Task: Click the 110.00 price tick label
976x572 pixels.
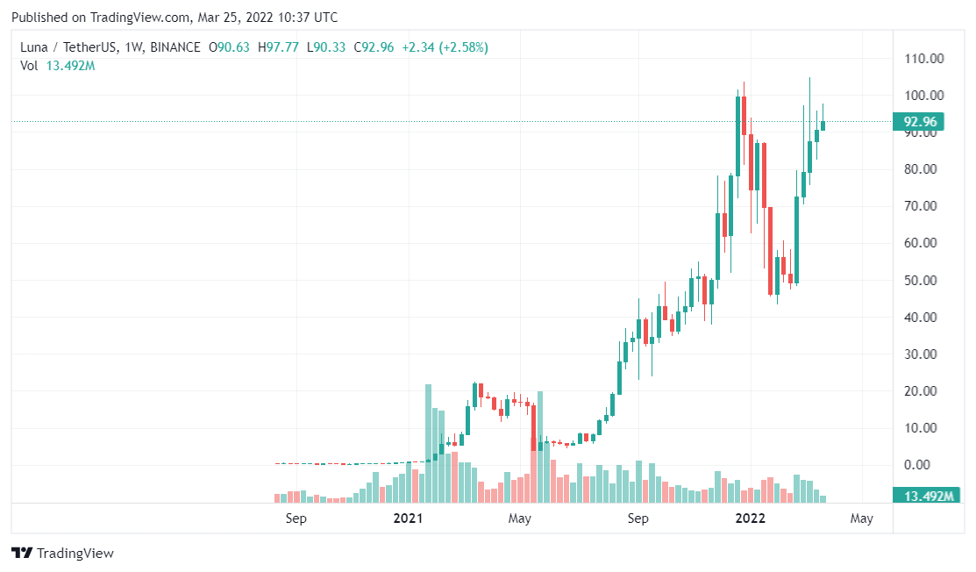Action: coord(924,59)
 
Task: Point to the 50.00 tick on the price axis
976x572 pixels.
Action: coord(924,281)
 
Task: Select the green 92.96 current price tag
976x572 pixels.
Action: coord(917,122)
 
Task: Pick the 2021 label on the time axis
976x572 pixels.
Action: coord(409,518)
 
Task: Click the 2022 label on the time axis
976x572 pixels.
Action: coord(751,518)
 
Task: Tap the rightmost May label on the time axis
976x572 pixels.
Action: coord(862,518)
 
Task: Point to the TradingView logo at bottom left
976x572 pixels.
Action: coord(63,554)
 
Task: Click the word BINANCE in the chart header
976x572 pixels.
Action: coord(175,47)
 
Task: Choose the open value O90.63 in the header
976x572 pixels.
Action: coord(229,47)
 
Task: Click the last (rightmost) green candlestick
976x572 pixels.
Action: coord(823,125)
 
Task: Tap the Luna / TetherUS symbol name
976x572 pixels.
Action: coord(64,47)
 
